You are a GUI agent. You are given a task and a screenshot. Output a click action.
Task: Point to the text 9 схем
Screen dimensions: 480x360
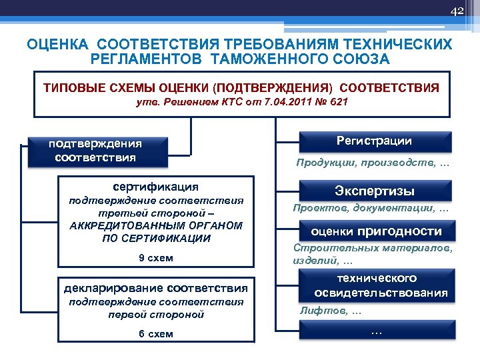[156, 259]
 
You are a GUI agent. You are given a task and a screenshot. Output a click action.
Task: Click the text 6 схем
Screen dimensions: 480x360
[156, 334]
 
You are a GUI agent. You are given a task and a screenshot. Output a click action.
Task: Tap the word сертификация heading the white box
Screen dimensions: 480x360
[155, 187]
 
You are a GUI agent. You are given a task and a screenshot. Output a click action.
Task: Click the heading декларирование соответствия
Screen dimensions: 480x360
[155, 288]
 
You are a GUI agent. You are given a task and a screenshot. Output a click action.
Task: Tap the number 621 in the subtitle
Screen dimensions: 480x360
[335, 102]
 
